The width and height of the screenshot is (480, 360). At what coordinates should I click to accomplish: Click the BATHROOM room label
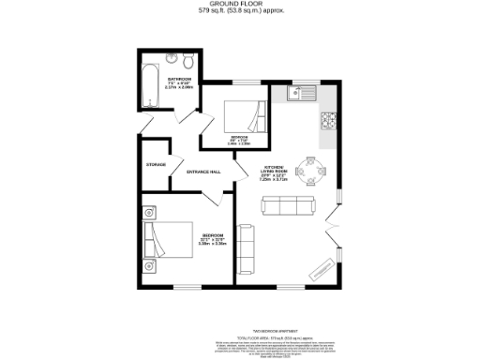coord(179,79)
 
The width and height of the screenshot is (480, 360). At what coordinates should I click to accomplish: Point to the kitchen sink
coord(301,92)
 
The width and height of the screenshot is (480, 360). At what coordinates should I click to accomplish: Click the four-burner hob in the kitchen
coord(329,120)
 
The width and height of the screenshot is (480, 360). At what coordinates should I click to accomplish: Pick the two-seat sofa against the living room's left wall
coord(246,245)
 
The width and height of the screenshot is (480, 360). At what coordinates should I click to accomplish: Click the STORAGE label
coord(156,165)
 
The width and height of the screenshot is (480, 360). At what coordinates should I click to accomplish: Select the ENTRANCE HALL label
coord(203,172)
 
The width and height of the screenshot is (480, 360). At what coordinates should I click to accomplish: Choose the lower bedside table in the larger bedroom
coord(149,266)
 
